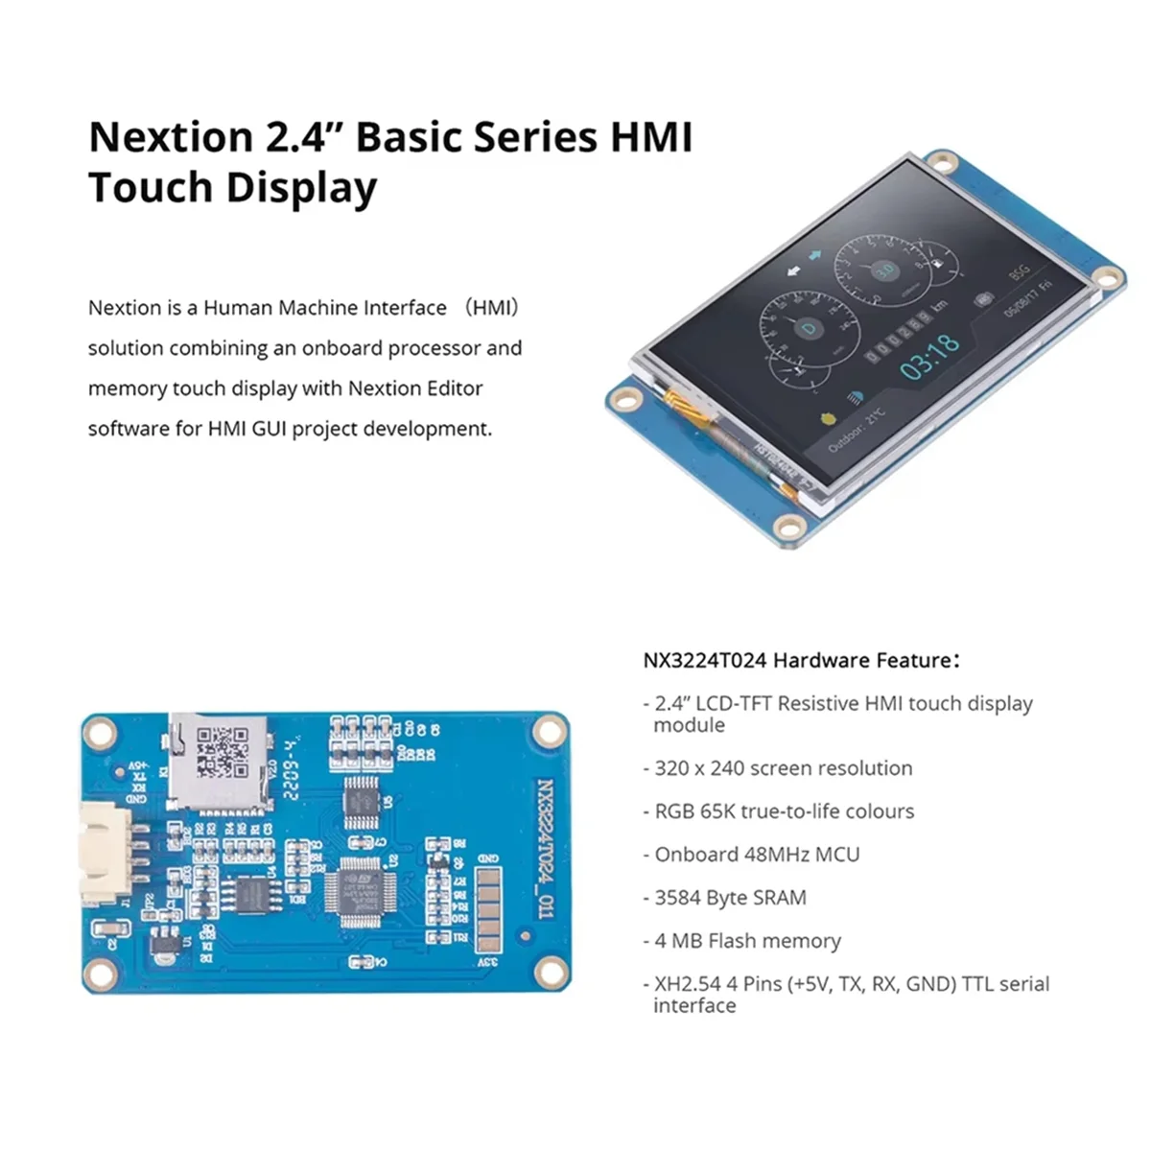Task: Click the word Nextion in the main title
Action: point(169,137)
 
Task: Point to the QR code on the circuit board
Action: point(221,751)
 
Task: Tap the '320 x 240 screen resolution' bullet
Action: point(783,768)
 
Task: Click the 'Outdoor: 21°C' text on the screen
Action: point(857,429)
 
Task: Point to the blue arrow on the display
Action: point(815,255)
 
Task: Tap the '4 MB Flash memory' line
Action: point(747,941)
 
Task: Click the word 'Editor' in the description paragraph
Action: point(453,388)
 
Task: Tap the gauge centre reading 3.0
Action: point(886,270)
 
